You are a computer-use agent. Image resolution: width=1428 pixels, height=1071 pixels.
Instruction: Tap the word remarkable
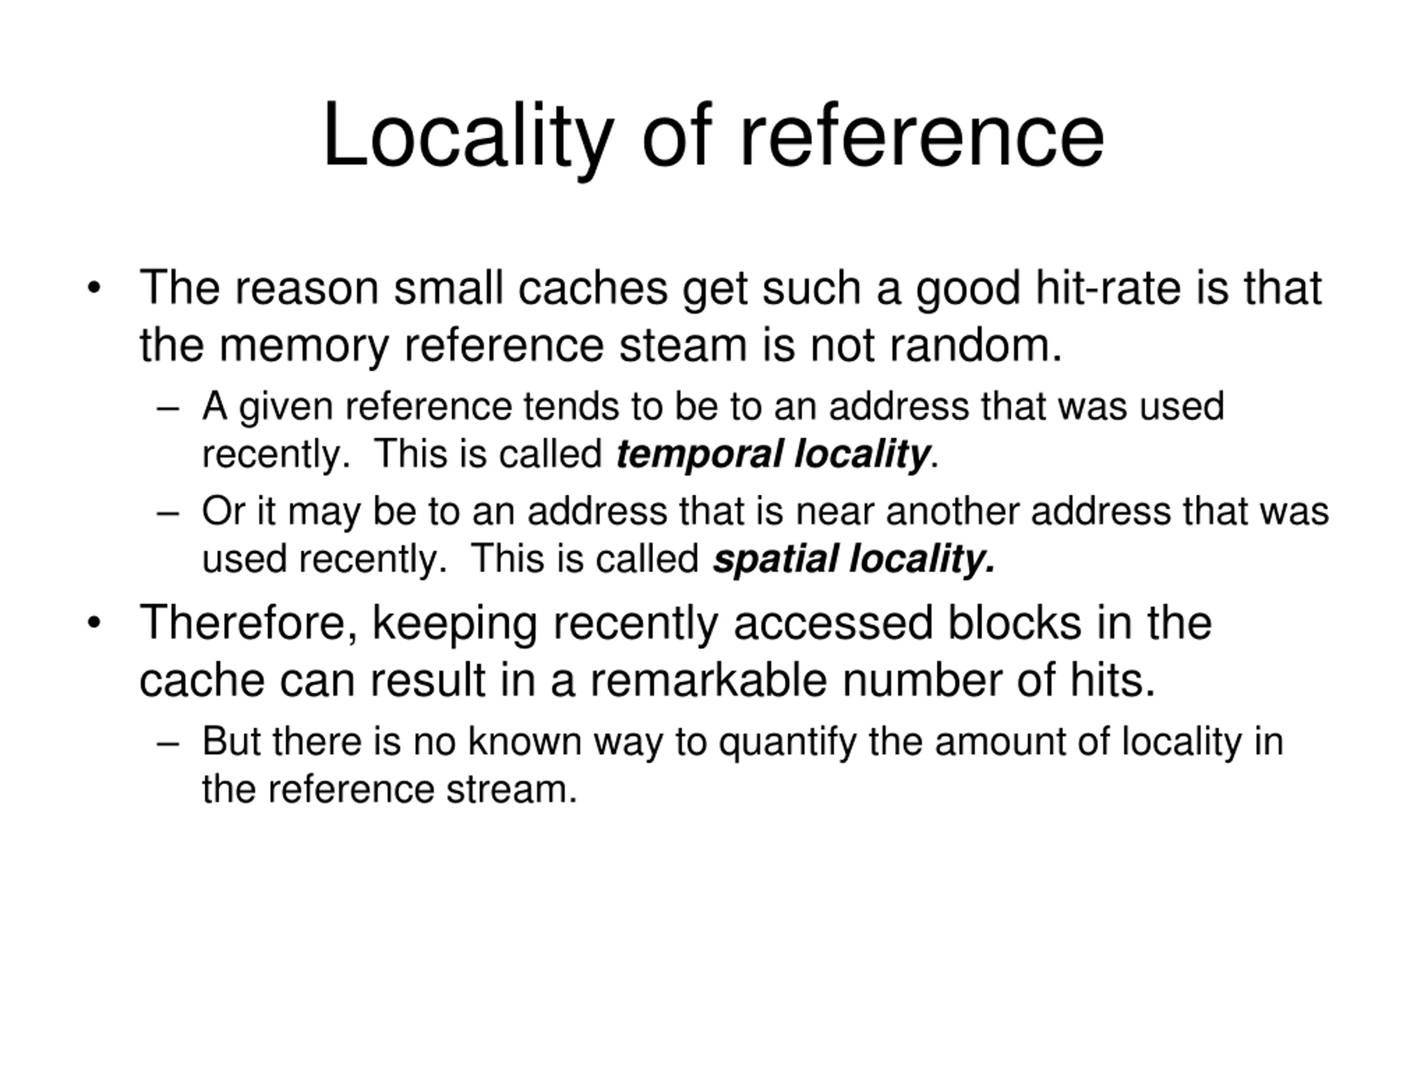708,680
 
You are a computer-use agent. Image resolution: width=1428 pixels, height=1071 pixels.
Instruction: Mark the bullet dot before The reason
94,288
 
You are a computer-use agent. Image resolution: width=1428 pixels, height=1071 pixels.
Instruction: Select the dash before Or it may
167,514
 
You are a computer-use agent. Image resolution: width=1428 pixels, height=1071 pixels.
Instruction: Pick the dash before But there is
167,744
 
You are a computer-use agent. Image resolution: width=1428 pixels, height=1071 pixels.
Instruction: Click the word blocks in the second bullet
1014,623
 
